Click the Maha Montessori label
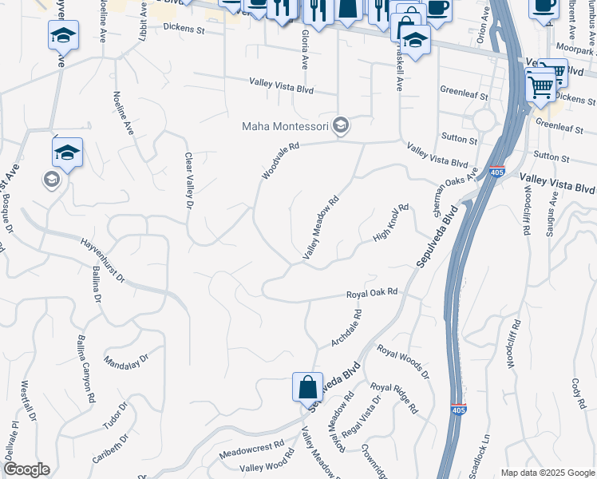click(x=287, y=127)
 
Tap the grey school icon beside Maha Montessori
click(x=341, y=125)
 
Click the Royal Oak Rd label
click(x=371, y=294)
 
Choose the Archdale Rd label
click(x=346, y=329)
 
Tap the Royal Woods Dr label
click(x=403, y=362)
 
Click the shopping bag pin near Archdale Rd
click(x=307, y=389)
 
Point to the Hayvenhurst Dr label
click(x=103, y=259)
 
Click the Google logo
click(x=26, y=469)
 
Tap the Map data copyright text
click(x=547, y=472)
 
